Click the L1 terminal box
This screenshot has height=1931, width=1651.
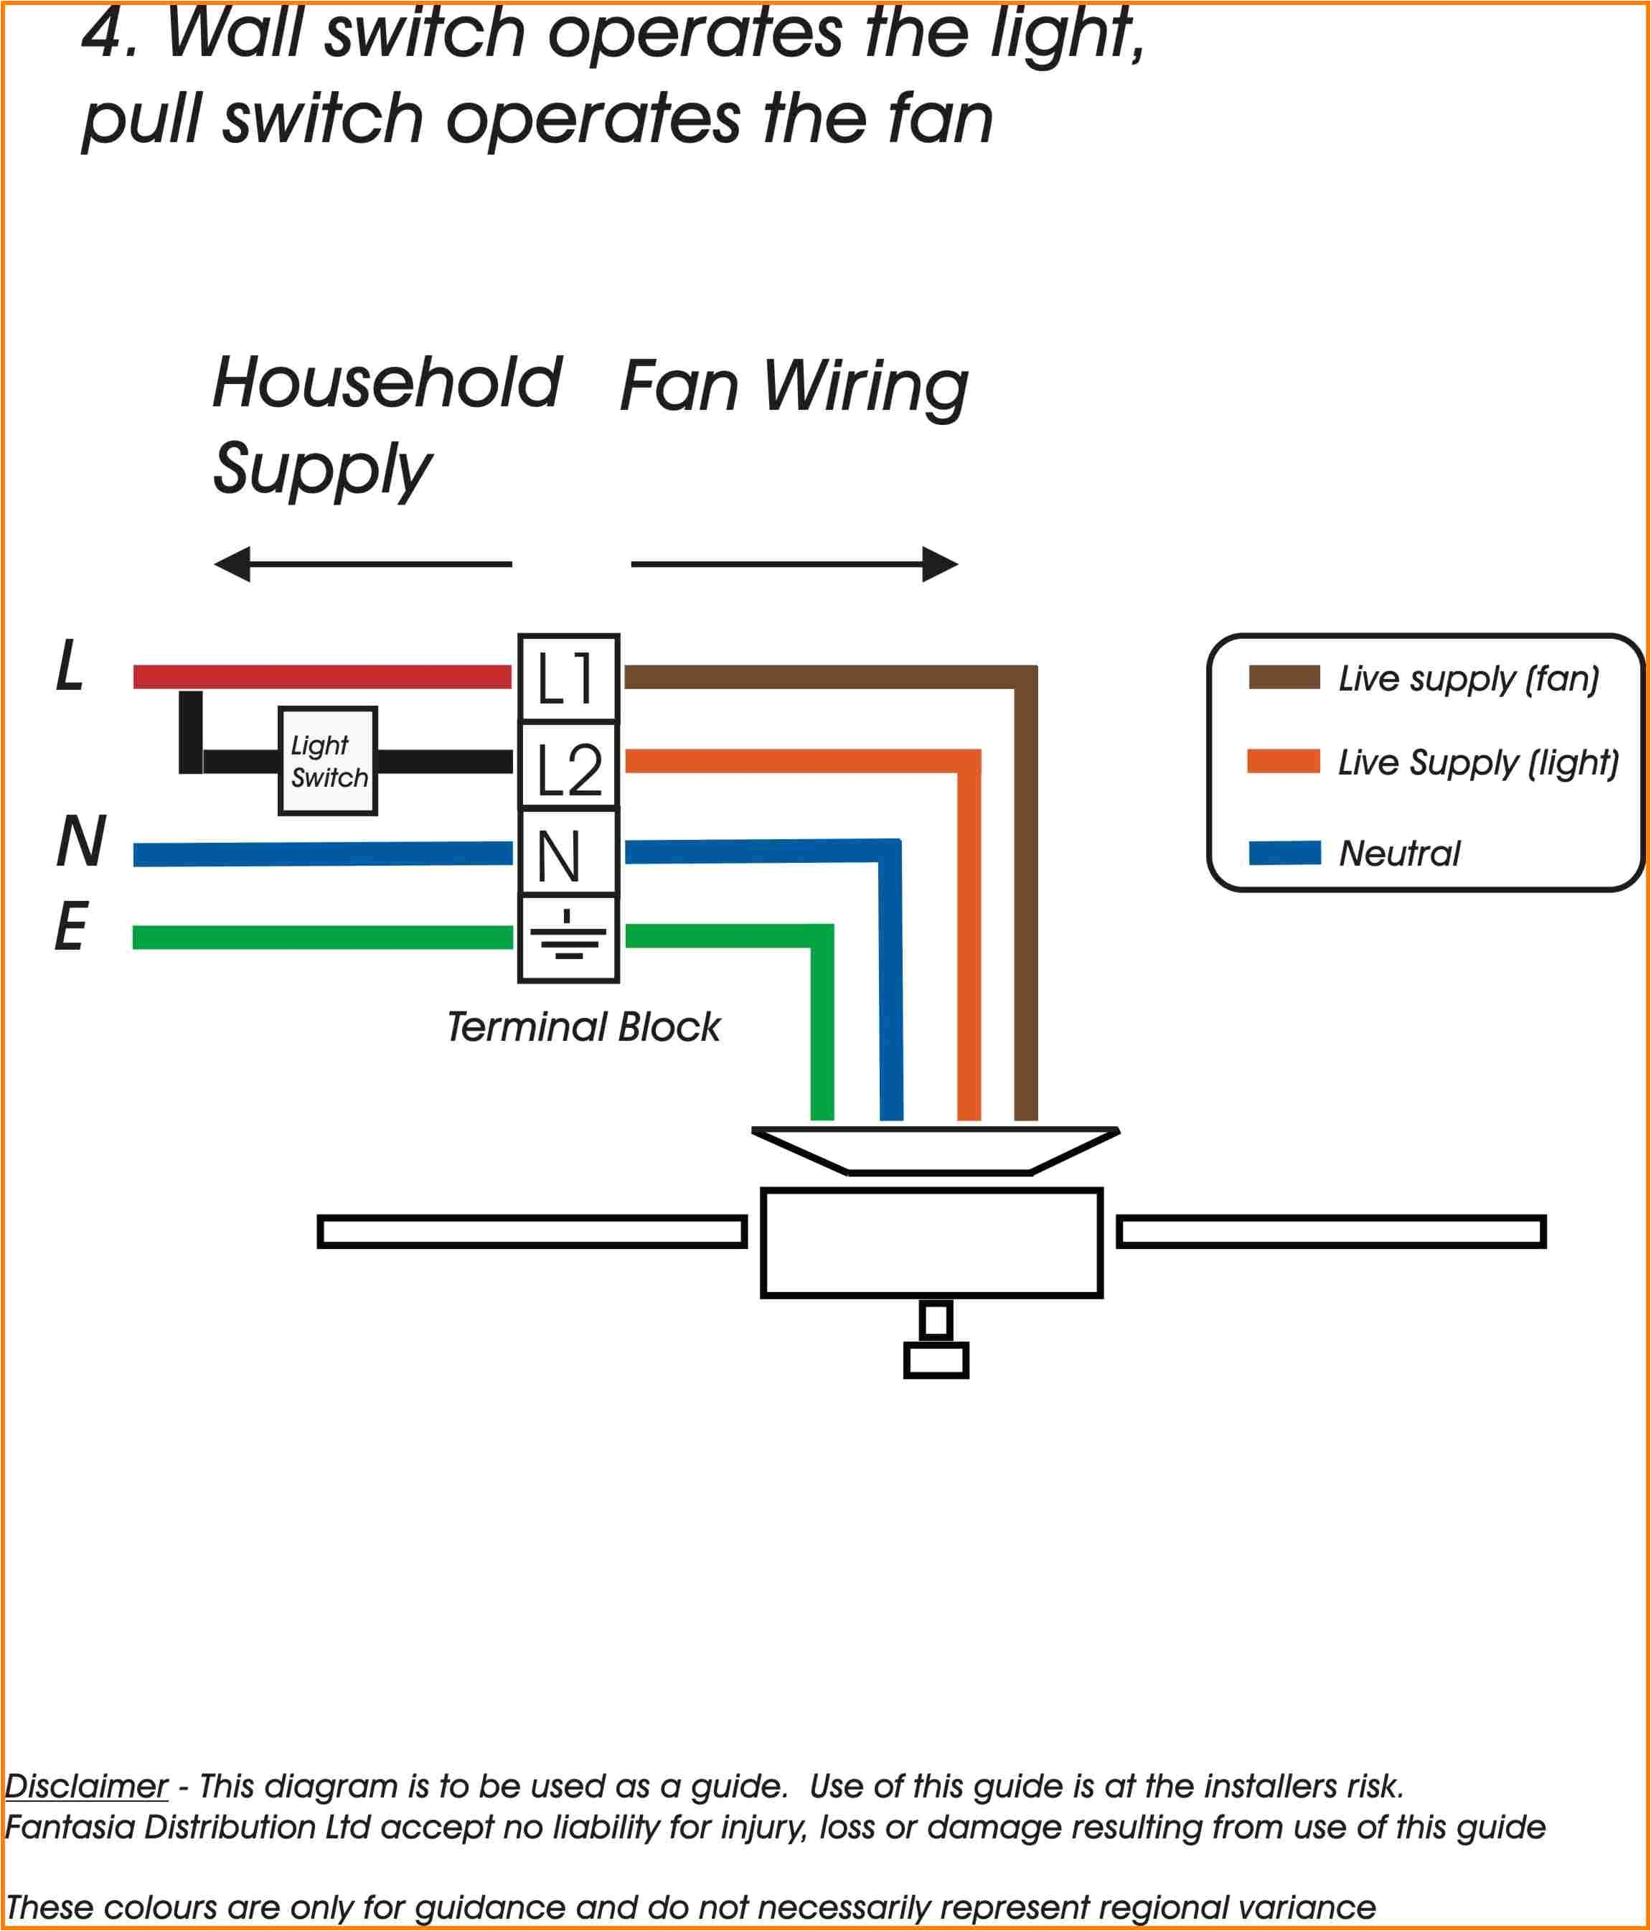568,678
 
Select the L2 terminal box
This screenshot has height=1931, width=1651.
568,765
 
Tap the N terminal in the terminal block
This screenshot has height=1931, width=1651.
568,852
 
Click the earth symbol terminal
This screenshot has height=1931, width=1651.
568,938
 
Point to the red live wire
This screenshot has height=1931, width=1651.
321,677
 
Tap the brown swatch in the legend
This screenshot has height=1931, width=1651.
1283,678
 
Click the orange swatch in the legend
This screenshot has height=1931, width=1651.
1283,762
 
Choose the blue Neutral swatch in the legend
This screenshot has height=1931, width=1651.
1283,852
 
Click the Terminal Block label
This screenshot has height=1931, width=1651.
583,1027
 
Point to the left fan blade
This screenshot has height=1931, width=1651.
532,1231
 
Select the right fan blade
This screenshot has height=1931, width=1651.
1330,1231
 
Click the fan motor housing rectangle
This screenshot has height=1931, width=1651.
932,1243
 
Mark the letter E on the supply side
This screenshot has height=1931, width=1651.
71,927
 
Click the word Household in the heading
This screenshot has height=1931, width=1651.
387,383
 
